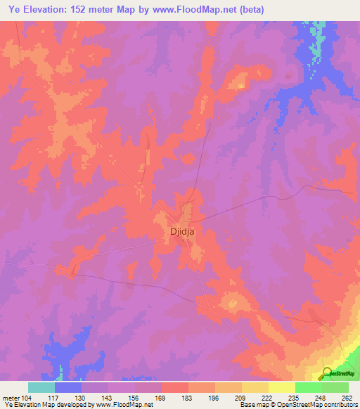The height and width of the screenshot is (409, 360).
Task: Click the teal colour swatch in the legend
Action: (x=41, y=388)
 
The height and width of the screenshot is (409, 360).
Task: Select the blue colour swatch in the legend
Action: (x=67, y=388)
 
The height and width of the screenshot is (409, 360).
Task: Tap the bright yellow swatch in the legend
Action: (x=281, y=388)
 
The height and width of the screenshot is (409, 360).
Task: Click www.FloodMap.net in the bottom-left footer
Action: (x=113, y=405)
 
